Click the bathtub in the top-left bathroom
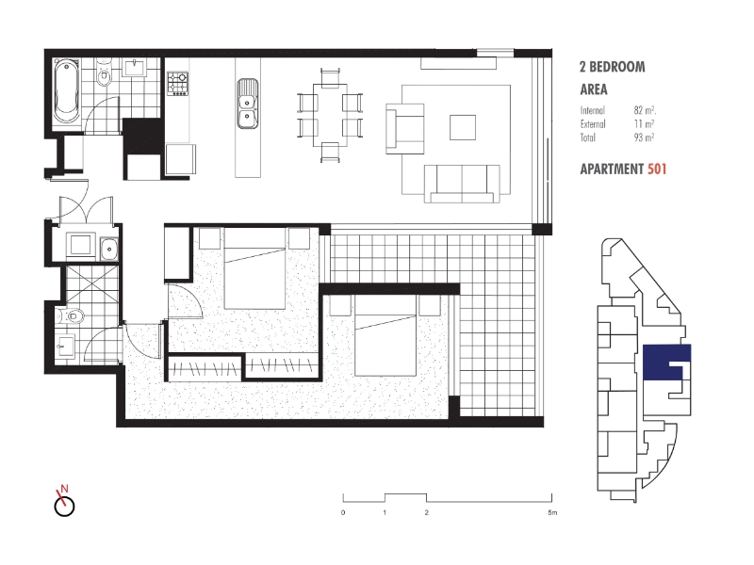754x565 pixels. [66, 91]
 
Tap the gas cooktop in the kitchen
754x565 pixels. [177, 84]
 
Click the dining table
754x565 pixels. [330, 116]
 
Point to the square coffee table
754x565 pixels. [463, 127]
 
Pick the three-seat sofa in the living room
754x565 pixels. [462, 184]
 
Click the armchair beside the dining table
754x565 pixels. [405, 128]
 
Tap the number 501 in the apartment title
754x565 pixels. [657, 169]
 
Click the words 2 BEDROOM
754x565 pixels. [612, 67]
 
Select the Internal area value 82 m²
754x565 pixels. [645, 110]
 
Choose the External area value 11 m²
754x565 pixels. [645, 124]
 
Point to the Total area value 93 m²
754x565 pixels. [645, 137]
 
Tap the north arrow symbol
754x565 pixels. [64, 501]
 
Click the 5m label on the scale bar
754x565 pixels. [552, 512]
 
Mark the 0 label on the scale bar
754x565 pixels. [343, 512]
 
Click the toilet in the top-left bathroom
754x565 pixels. [104, 73]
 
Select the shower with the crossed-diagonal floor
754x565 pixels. [91, 286]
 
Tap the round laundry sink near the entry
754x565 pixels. [109, 249]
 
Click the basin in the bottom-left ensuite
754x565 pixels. [64, 345]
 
